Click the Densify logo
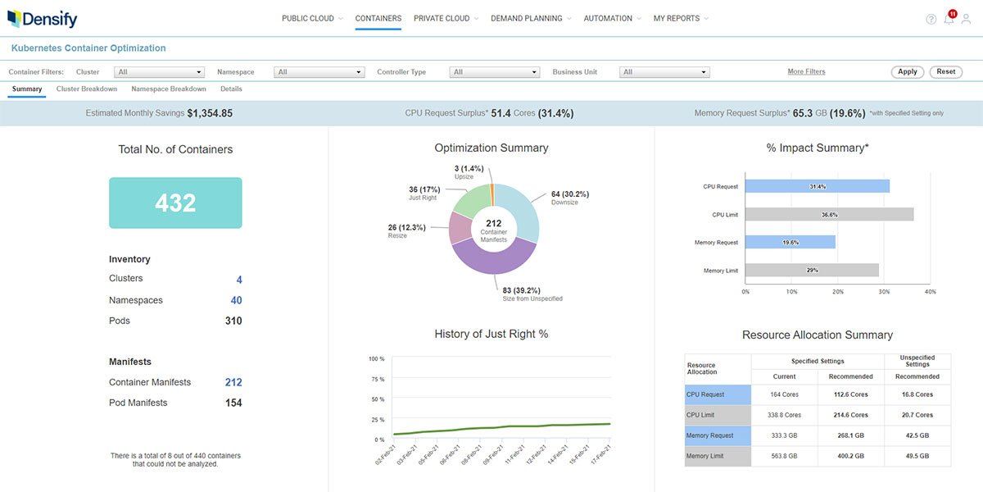pyautogui.click(x=43, y=18)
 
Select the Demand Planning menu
pyautogui.click(x=526, y=18)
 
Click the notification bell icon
pyautogui.click(x=949, y=20)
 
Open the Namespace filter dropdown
pyautogui.click(x=319, y=72)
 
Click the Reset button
pyautogui.click(x=945, y=72)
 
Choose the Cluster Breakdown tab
pyautogui.click(x=87, y=89)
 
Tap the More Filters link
pyautogui.click(x=806, y=72)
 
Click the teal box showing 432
pyautogui.click(x=175, y=203)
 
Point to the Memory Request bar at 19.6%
pyautogui.click(x=790, y=243)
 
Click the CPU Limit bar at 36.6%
pyautogui.click(x=829, y=215)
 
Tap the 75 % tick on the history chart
pyautogui.click(x=377, y=380)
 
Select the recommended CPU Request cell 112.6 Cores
pyautogui.click(x=851, y=394)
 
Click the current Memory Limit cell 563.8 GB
pyautogui.click(x=784, y=456)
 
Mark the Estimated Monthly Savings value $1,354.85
pyautogui.click(x=210, y=113)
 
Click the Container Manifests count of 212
pyautogui.click(x=233, y=382)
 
